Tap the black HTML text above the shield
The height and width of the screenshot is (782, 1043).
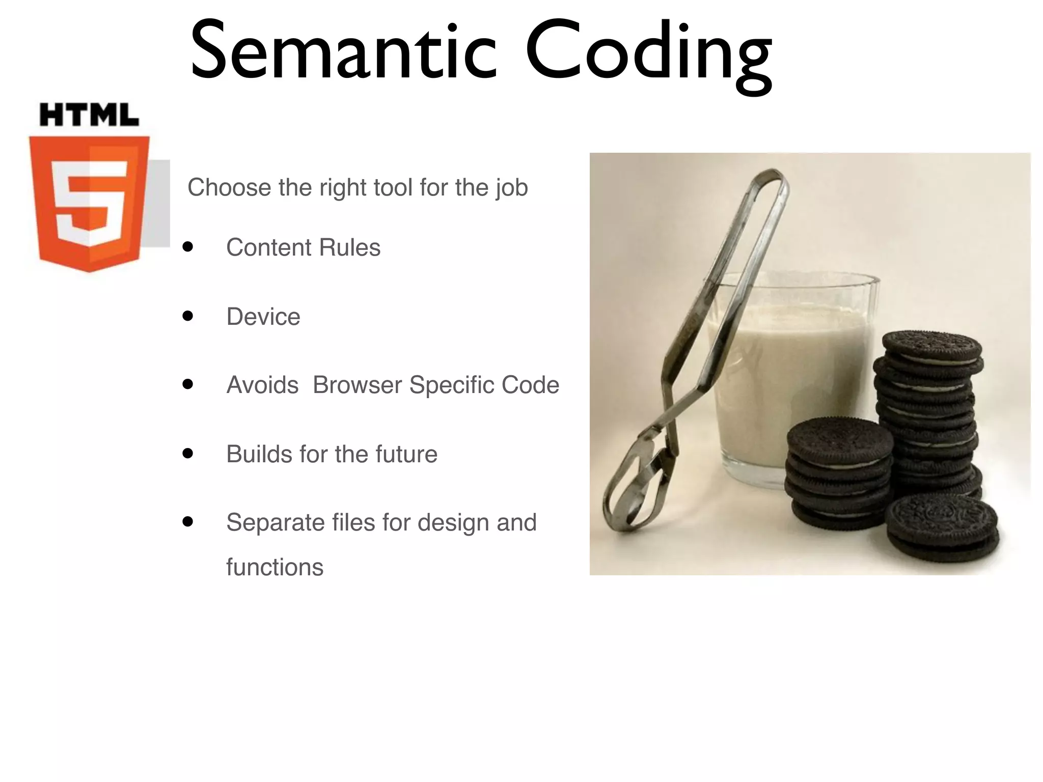[x=89, y=115]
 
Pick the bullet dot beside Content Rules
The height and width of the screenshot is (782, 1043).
[x=188, y=247]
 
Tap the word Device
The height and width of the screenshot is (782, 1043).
[x=263, y=317]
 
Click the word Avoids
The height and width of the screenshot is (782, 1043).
[x=262, y=385]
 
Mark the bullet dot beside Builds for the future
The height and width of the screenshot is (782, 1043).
[x=188, y=453]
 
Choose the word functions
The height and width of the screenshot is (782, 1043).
[x=275, y=567]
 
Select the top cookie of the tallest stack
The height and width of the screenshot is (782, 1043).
[x=932, y=346]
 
